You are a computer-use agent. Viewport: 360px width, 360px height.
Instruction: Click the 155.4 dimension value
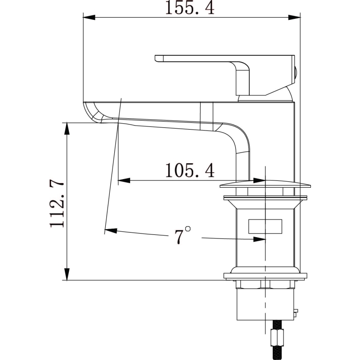pyautogui.click(x=190, y=8)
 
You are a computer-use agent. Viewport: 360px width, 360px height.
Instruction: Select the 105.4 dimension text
pyautogui.click(x=190, y=170)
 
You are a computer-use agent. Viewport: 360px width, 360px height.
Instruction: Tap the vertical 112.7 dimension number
pyautogui.click(x=57, y=204)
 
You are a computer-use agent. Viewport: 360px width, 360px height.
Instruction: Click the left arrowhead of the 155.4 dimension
pyautogui.click(x=89, y=17)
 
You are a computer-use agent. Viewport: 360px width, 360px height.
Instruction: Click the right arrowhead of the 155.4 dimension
pyautogui.click(x=294, y=17)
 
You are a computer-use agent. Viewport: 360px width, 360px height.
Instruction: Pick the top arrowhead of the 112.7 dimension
pyautogui.click(x=67, y=129)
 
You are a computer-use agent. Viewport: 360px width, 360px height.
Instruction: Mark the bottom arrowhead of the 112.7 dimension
pyautogui.click(x=67, y=274)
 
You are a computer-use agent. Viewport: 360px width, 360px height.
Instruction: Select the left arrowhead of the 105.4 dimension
pyautogui.click(x=124, y=180)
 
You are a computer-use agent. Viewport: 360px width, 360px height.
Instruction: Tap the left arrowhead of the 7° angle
pyautogui.click(x=111, y=230)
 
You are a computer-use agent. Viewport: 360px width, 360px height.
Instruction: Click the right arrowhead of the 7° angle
pyautogui.click(x=259, y=239)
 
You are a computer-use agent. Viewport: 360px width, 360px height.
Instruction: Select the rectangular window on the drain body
pyautogui.click(x=265, y=226)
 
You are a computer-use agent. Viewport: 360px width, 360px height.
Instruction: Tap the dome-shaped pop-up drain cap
pyautogui.click(x=265, y=184)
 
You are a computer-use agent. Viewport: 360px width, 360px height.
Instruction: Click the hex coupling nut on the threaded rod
pyautogui.click(x=278, y=337)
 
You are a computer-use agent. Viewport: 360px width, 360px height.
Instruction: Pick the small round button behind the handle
pyautogui.click(x=297, y=75)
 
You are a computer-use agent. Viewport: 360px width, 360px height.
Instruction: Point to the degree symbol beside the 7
pyautogui.click(x=188, y=229)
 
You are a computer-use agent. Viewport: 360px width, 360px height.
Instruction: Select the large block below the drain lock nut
pyautogui.click(x=265, y=304)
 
